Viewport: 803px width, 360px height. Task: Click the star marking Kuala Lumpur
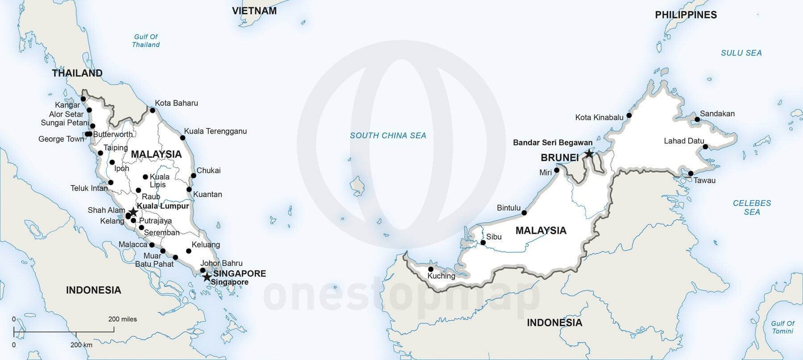pos(132,212)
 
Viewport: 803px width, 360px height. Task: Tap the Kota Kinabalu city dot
pos(629,115)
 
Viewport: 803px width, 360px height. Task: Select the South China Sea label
pos(388,136)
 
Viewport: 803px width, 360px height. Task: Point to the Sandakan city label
pos(717,114)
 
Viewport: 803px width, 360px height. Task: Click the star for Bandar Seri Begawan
pos(589,154)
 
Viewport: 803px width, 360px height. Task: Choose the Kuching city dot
pos(430,269)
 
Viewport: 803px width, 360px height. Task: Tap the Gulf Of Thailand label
pos(146,41)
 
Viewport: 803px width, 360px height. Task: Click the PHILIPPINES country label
pos(686,15)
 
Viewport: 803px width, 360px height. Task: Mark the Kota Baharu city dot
pos(152,110)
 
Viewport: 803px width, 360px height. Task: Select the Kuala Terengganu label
pos(215,131)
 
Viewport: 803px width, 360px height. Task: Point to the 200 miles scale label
pos(122,319)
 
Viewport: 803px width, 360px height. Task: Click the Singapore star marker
pos(207,277)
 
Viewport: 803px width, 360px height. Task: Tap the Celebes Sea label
pos(752,207)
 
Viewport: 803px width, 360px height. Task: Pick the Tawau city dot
pos(691,174)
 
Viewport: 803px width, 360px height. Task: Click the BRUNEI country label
pos(559,157)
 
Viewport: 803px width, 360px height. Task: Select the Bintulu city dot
pos(524,213)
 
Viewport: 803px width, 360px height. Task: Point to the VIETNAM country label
pos(254,11)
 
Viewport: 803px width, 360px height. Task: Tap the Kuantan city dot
pos(189,190)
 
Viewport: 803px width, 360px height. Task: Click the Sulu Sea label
pos(741,53)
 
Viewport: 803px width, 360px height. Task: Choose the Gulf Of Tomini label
pos(782,327)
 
